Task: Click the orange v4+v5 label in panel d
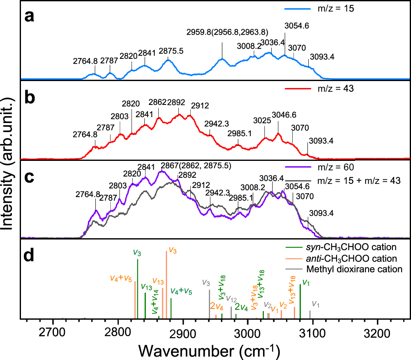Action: coord(121,278)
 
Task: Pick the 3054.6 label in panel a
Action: coord(296,26)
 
